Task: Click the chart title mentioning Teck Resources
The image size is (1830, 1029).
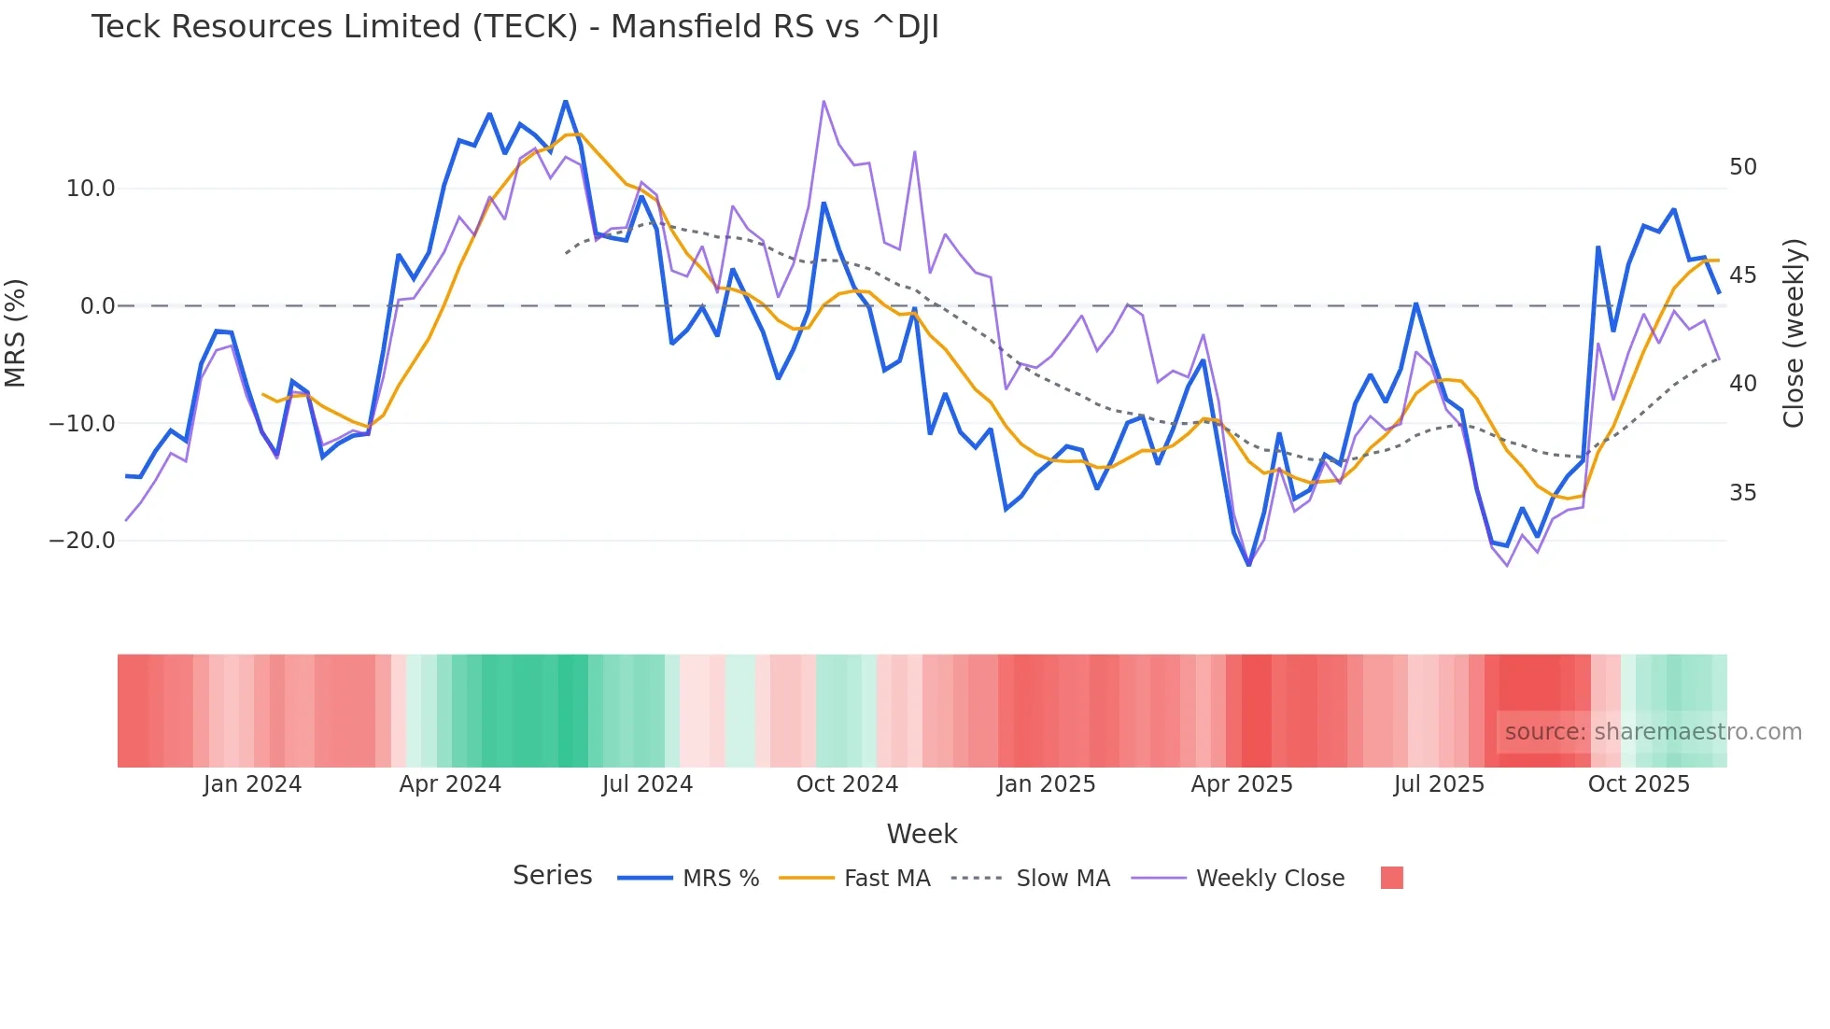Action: [514, 27]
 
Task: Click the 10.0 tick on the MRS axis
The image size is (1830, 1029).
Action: [91, 189]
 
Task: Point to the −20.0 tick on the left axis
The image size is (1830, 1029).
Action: [82, 541]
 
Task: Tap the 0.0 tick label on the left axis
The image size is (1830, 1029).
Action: [97, 306]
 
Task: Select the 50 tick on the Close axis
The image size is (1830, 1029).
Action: [1742, 167]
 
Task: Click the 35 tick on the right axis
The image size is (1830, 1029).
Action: [1742, 493]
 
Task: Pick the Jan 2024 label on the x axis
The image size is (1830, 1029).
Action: [252, 784]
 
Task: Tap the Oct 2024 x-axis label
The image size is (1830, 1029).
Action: [847, 784]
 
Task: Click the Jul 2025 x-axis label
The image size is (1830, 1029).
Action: [1439, 784]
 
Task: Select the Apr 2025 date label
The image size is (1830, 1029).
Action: [1242, 784]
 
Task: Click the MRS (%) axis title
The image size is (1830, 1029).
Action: [16, 333]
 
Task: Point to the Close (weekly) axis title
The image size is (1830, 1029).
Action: [1794, 333]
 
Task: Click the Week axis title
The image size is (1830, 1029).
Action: [922, 834]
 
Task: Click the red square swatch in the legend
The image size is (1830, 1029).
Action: [1391, 878]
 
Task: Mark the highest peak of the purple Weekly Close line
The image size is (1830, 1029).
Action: [823, 101]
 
